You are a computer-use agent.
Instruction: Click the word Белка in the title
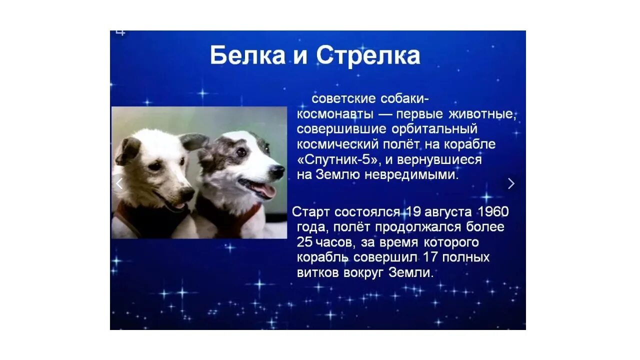pyautogui.click(x=247, y=55)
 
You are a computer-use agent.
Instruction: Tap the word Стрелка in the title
pyautogui.click(x=368, y=56)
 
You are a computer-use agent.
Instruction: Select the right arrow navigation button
pyautogui.click(x=511, y=183)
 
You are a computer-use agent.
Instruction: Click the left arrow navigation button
pyautogui.click(x=119, y=183)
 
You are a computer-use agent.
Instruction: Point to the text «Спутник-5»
pyautogui.click(x=337, y=159)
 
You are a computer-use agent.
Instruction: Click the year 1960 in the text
pyautogui.click(x=493, y=211)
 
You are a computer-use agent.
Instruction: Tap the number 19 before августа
pyautogui.click(x=412, y=211)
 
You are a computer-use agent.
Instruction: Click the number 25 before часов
pyautogui.click(x=304, y=242)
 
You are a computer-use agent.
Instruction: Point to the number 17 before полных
pyautogui.click(x=430, y=257)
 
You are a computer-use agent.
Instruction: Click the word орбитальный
pyautogui.click(x=434, y=129)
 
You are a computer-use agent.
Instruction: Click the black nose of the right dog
pyautogui.click(x=276, y=171)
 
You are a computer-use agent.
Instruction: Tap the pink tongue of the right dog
pyautogui.click(x=264, y=190)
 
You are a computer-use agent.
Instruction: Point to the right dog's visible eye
pyautogui.click(x=241, y=152)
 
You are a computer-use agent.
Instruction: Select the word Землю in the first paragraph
pyautogui.click(x=337, y=174)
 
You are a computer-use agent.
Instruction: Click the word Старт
pyautogui.click(x=311, y=211)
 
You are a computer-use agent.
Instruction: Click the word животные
pyautogui.click(x=482, y=114)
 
